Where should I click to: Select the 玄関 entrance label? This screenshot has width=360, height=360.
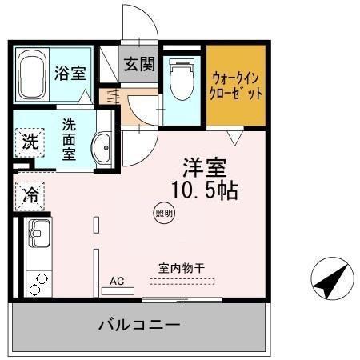coord(138,64)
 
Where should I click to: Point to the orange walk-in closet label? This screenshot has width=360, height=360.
coord(236,86)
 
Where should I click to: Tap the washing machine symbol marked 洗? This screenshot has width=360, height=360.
coord(30,144)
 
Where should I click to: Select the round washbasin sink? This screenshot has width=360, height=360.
coord(102,147)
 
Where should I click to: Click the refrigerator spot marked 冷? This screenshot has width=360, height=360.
coord(30,194)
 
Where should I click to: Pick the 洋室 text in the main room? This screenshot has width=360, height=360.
coord(204,169)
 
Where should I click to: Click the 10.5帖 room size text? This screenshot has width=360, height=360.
coord(204,192)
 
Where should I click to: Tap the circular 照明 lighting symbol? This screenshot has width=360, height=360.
coord(162,213)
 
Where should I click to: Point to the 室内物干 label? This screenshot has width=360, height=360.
coord(181,269)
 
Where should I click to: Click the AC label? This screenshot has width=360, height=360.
coord(117,280)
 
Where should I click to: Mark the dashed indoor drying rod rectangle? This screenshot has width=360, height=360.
coord(182,282)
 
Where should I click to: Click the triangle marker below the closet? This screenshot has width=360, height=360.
coord(233,138)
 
